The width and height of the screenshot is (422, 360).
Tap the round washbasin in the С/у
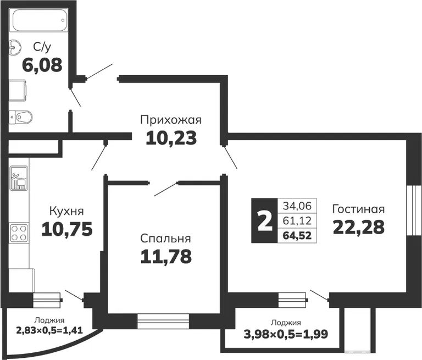pyautogui.click(x=14, y=48)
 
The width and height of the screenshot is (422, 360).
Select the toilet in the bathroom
pyautogui.click(x=20, y=117)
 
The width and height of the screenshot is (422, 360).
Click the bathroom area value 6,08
pyautogui.click(x=42, y=65)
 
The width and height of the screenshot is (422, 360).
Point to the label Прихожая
pyautogui.click(x=171, y=120)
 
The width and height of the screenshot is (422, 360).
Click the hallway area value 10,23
pyautogui.click(x=171, y=137)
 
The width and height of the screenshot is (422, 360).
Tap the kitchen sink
pyautogui.click(x=19, y=178)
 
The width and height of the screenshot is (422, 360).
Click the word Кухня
pyautogui.click(x=66, y=211)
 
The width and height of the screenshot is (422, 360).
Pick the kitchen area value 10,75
pyautogui.click(x=67, y=229)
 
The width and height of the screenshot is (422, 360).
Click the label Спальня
pyautogui.click(x=165, y=239)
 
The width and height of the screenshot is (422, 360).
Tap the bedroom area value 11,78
pyautogui.click(x=166, y=256)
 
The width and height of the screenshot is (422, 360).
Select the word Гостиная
pyautogui.click(x=358, y=209)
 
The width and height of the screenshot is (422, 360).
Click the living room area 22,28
pyautogui.click(x=359, y=227)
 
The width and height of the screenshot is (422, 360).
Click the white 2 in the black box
pyautogui.click(x=264, y=221)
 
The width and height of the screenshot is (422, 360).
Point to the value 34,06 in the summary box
pyautogui.click(x=297, y=206)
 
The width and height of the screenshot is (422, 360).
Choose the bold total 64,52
pyautogui.click(x=297, y=236)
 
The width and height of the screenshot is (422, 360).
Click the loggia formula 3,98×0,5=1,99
pyautogui.click(x=286, y=334)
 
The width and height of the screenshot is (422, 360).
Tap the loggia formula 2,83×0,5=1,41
pyautogui.click(x=49, y=330)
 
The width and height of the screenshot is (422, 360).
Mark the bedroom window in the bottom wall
pyautogui.click(x=163, y=321)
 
